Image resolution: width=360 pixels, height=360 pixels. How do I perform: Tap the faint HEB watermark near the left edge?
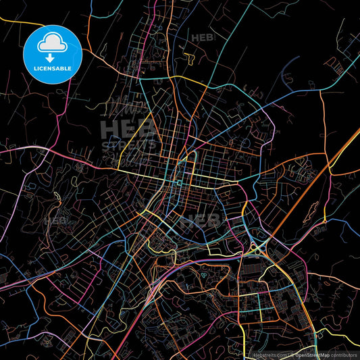[55, 220]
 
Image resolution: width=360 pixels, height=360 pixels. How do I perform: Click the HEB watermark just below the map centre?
[203, 220]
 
